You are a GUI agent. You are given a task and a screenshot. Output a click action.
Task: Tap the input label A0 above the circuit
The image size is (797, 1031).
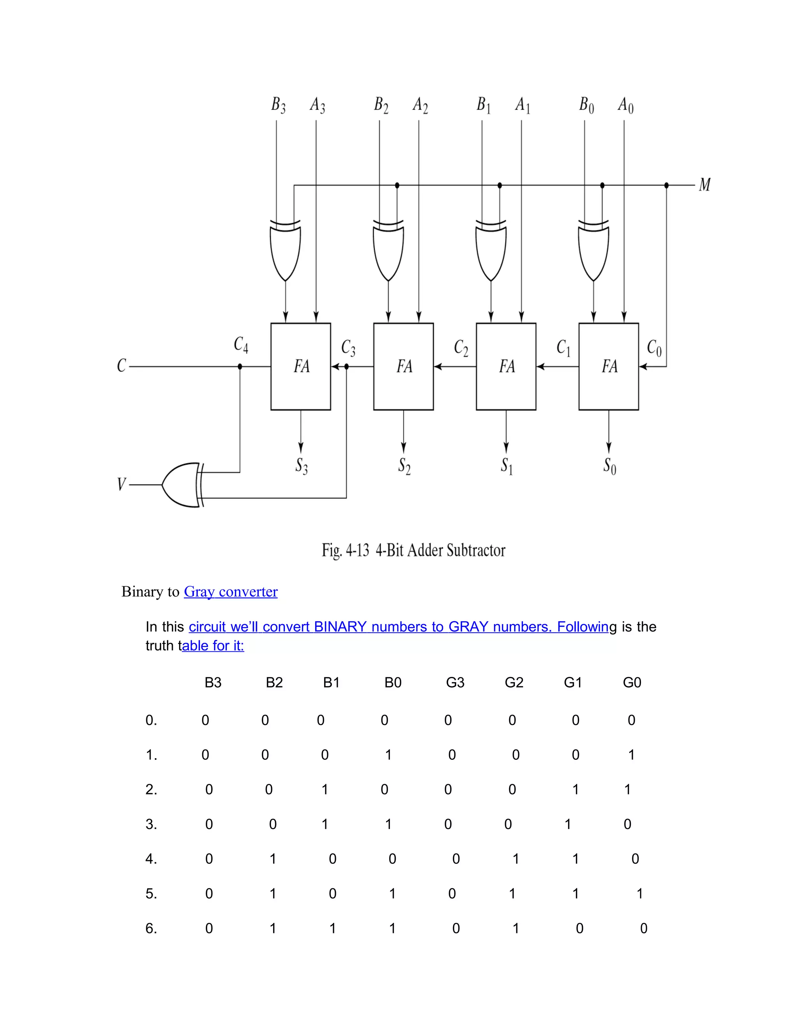point(626,105)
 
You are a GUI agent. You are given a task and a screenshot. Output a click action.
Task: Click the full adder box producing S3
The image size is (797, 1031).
point(301,366)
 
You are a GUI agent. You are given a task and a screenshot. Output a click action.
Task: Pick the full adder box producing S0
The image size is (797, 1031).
point(609,366)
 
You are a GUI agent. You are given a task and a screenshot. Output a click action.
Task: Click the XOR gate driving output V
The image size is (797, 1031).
point(182,485)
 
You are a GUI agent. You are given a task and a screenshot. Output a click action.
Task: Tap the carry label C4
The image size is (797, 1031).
point(241,345)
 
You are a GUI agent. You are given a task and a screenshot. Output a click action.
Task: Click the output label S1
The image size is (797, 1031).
point(507,466)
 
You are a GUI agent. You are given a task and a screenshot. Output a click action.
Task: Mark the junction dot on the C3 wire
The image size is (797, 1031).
point(347,366)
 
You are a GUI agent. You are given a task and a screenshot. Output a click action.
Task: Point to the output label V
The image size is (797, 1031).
point(121,484)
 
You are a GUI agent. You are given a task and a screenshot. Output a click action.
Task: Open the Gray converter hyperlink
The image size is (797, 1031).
point(230,591)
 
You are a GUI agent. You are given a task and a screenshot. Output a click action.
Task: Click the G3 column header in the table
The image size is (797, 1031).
point(455,683)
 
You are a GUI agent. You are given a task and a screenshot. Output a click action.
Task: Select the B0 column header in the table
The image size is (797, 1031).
point(393,683)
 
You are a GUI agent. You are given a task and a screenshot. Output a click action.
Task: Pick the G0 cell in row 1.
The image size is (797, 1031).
point(631,755)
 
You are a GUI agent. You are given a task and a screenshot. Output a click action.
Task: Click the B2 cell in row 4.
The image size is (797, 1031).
point(272,859)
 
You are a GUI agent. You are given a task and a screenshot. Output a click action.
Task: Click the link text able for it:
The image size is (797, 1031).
point(213,645)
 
